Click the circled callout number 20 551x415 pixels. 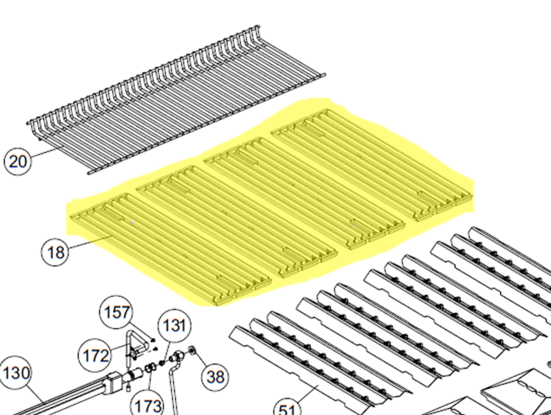click(18, 162)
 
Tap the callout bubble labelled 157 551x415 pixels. click(116, 312)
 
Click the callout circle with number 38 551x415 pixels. click(215, 377)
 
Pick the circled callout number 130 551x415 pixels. click(15, 373)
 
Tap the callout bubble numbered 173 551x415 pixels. click(148, 405)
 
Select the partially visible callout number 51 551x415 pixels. click(287, 410)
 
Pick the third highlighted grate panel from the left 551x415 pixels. click(304, 193)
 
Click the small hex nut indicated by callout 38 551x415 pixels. click(192, 349)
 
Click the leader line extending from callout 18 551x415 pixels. click(89, 242)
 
